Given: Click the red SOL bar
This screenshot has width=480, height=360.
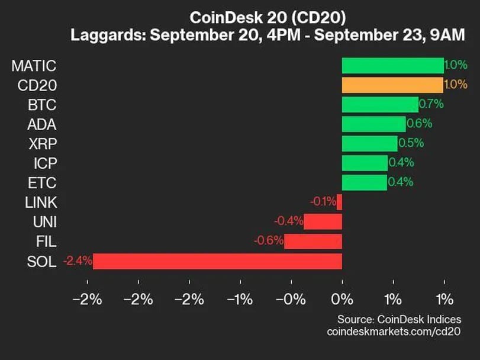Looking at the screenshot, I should (x=217, y=261).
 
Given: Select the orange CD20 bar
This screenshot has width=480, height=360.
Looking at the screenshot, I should (x=392, y=85).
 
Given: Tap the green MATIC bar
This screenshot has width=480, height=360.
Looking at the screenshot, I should (x=392, y=66).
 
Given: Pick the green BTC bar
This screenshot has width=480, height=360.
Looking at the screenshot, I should (x=379, y=105).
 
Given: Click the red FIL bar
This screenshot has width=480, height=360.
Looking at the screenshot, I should (x=313, y=242).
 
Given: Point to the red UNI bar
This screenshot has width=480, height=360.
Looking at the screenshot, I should (x=323, y=222).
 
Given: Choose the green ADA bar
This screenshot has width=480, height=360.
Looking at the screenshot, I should (x=373, y=124).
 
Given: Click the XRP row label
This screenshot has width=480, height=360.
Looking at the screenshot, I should (x=42, y=144).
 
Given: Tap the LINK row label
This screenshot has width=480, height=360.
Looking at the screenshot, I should (x=41, y=202).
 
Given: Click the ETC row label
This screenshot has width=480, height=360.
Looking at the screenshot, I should (x=43, y=183).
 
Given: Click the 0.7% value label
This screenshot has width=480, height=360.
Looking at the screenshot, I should (x=430, y=105).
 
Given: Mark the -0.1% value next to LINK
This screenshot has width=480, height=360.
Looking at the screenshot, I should (x=323, y=202).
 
